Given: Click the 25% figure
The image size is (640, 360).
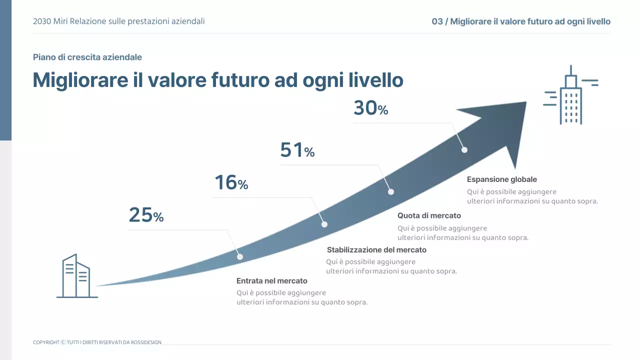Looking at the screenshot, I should (146, 215).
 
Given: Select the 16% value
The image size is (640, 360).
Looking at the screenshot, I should (231, 183).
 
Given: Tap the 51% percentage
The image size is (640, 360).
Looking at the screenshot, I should (297, 150).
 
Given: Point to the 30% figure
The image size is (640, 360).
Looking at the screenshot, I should (370, 108).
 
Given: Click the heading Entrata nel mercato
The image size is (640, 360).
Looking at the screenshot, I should (271, 281).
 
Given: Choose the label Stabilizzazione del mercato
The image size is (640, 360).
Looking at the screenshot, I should (376, 250).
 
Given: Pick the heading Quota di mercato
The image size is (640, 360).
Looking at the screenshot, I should (429, 216).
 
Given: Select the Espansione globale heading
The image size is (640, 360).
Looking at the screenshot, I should (501, 179).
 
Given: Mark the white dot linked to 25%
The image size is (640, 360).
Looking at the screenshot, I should (240, 256).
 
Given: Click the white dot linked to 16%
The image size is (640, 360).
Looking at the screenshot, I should (324, 224).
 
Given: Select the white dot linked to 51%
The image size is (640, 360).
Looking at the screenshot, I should (391, 192).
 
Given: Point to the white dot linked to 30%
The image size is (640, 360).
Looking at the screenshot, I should (464, 149).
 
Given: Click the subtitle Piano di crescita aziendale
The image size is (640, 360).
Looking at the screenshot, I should (87, 57).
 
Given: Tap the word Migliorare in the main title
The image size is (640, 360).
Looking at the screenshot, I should (80, 80).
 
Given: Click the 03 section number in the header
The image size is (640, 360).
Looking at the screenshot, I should (437, 21).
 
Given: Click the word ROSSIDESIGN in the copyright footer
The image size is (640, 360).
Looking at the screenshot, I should (146, 342).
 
